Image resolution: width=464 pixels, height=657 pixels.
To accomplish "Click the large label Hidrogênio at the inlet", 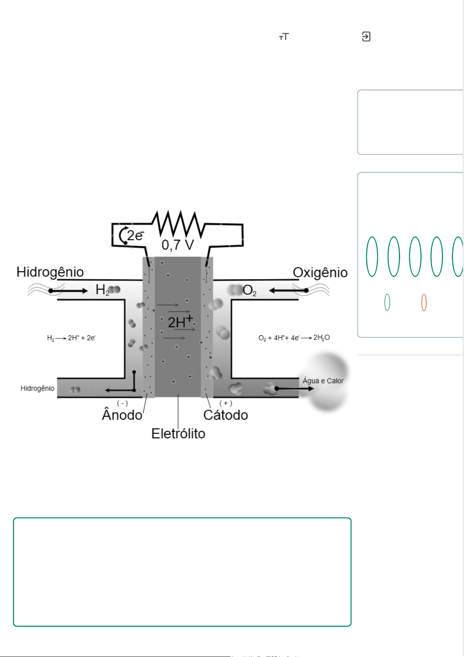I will click(x=50, y=272).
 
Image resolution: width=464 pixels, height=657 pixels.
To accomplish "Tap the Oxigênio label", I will click(x=320, y=273).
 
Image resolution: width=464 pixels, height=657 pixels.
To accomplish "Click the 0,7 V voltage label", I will click(x=178, y=245).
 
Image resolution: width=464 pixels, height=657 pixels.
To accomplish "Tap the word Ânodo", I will click(x=122, y=415).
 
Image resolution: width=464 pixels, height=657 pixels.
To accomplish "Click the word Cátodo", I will click(x=226, y=415).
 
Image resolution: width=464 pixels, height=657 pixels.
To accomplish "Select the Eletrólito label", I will click(x=178, y=434).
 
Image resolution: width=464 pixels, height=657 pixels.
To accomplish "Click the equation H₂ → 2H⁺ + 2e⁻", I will click(x=71, y=338).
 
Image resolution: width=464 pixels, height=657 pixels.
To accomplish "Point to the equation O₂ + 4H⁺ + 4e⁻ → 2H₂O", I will click(x=294, y=338).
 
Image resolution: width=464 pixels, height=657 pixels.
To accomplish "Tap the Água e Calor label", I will click(x=323, y=381).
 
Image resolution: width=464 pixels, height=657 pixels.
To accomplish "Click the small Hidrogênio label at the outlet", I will click(x=37, y=388).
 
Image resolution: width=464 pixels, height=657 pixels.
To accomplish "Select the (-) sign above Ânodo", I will click(x=122, y=403).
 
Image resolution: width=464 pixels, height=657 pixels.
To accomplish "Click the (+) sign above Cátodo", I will click(x=226, y=403).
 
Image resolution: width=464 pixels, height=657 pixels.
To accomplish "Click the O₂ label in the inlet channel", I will click(x=249, y=290).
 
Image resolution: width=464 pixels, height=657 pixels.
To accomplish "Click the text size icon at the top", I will click(x=284, y=37).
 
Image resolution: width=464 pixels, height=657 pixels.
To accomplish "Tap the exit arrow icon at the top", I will click(x=366, y=37).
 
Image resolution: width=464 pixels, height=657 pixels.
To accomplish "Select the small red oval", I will click(x=424, y=302).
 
